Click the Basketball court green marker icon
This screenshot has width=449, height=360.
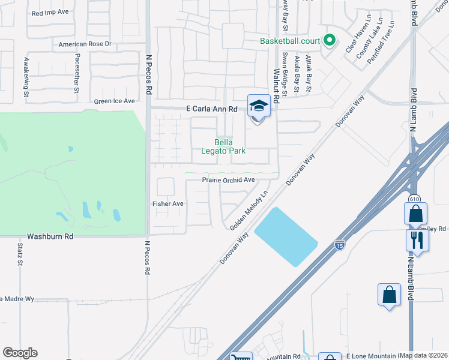(x=329, y=41)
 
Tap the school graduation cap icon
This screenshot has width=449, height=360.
(x=258, y=106)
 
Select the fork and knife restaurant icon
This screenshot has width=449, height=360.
(x=417, y=239)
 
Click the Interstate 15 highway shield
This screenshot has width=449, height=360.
(x=339, y=244)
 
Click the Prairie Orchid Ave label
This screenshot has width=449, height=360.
(x=228, y=179)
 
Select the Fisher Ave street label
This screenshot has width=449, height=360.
(x=167, y=204)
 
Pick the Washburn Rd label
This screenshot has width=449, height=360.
(x=53, y=237)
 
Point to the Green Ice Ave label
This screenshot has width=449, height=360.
(x=114, y=101)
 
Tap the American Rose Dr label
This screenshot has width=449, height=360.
(x=85, y=44)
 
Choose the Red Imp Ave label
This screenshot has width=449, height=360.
(x=51, y=13)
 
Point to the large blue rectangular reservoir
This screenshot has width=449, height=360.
(x=286, y=237)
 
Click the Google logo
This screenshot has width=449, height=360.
(x=20, y=353)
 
